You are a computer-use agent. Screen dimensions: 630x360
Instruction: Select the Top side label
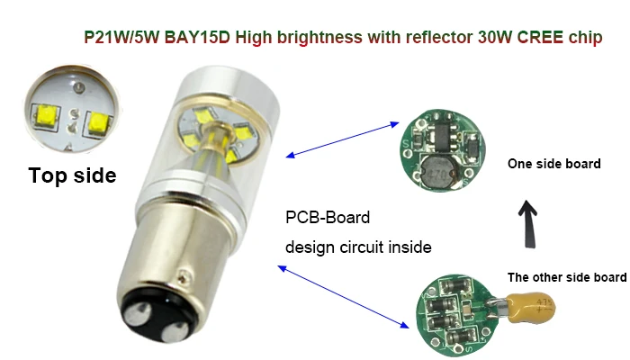(72, 175)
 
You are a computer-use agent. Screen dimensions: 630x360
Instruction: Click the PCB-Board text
(328, 218)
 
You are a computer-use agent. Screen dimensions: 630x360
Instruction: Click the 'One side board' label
(548, 164)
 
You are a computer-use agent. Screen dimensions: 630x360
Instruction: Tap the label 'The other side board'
(566, 277)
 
